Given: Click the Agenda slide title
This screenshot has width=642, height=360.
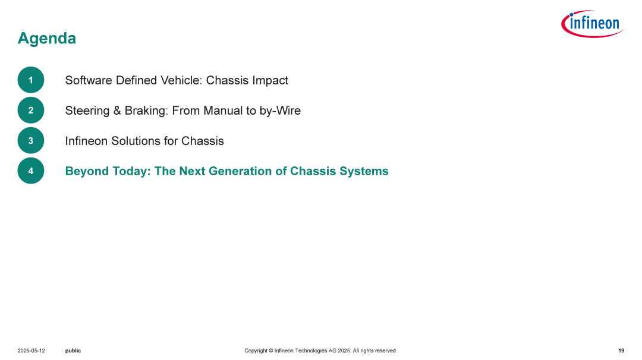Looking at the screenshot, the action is (47, 39).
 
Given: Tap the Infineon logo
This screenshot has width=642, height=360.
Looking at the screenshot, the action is (593, 24).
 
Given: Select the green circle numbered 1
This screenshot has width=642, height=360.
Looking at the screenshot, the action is (31, 80).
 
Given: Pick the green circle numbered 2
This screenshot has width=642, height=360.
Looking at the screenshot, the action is (31, 110).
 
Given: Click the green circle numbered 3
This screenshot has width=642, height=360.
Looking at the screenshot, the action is (31, 140).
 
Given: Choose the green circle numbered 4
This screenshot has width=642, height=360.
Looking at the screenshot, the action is (31, 170).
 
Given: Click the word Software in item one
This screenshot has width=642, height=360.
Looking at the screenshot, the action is (89, 80).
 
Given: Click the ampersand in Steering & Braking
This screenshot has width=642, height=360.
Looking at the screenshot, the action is (117, 110).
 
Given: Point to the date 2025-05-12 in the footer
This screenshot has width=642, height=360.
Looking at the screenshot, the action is (31, 350).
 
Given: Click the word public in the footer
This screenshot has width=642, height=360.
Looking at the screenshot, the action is (73, 351).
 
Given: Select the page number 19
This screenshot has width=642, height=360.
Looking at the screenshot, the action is (621, 350).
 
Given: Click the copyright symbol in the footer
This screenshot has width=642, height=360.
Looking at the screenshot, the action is (270, 350).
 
